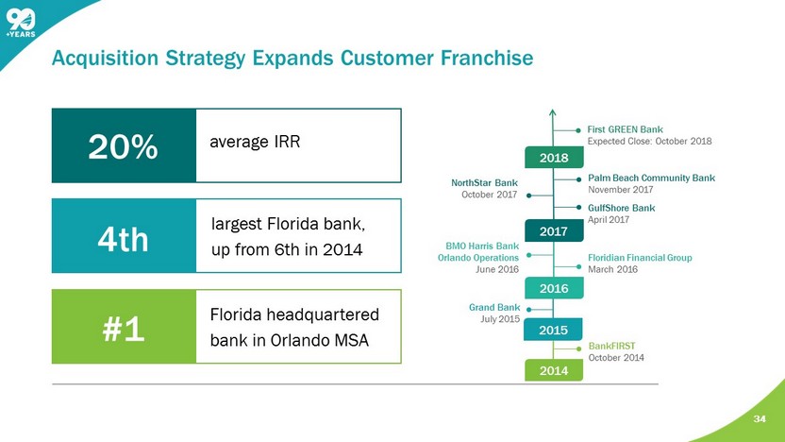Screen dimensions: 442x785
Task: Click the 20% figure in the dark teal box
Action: (x=123, y=146)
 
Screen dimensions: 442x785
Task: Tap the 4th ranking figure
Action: (x=123, y=238)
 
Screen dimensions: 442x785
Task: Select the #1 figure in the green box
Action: (x=123, y=330)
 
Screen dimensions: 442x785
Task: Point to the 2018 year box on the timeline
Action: (x=553, y=157)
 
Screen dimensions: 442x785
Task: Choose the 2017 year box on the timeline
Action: (x=553, y=229)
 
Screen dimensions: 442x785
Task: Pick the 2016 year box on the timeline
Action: (x=553, y=289)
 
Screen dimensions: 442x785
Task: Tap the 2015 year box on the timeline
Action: (x=553, y=331)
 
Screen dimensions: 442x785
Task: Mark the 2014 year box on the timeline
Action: (x=553, y=371)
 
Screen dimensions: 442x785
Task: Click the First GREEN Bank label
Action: (x=625, y=129)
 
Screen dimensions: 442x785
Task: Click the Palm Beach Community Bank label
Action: (x=651, y=178)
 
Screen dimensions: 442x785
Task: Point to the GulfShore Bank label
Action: (x=621, y=207)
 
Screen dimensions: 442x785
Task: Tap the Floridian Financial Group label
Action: (x=640, y=257)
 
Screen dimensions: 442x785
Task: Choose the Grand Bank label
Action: (x=494, y=307)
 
